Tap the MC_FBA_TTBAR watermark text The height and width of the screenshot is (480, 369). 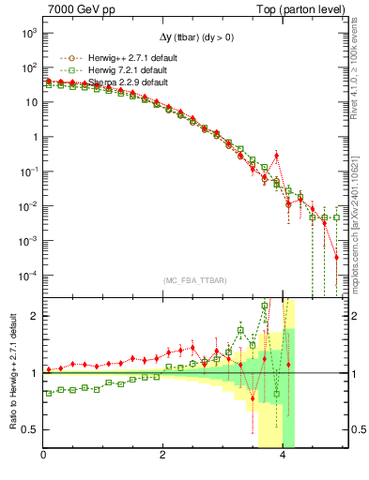coord(194,280)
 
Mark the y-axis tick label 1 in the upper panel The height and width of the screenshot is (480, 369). coord(33,137)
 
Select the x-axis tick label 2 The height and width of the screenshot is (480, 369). coord(164,456)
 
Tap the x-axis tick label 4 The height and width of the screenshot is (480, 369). coord(284,456)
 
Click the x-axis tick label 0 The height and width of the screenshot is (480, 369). coord(44,456)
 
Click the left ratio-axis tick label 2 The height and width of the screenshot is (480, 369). coord(34,316)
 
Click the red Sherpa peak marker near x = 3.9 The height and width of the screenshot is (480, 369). coord(276,156)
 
